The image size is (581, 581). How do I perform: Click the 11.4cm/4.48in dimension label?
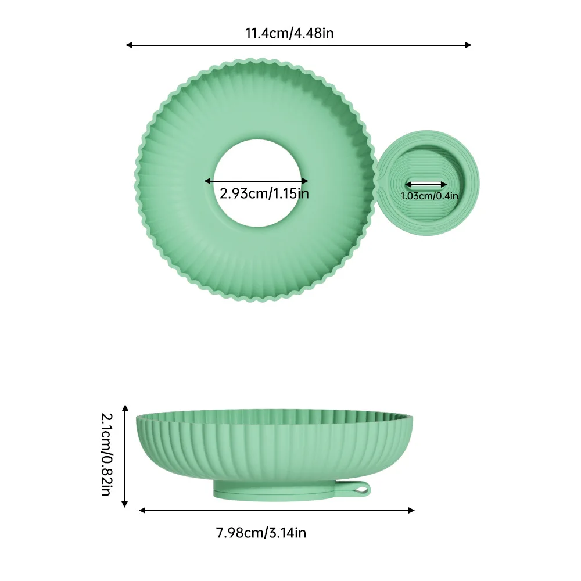click(289, 33)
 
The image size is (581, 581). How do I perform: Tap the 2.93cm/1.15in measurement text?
click(264, 192)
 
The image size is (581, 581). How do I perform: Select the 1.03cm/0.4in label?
click(429, 196)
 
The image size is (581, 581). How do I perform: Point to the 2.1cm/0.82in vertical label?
click(106, 454)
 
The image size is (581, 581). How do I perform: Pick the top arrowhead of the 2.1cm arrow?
click(124, 408)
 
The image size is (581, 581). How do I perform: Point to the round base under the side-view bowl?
click(273, 491)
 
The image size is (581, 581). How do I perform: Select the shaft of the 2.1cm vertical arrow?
click(124, 456)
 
